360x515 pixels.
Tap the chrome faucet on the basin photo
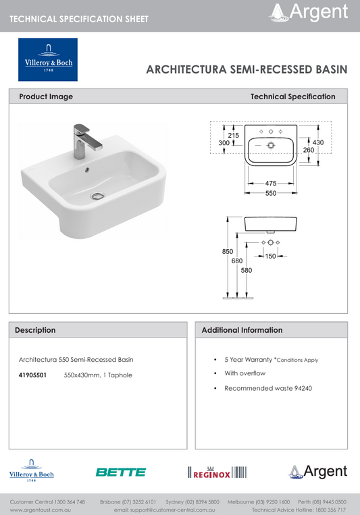coord(86,138)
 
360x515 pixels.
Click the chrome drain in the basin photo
coord(97,196)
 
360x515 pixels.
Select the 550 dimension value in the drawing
coord(271,194)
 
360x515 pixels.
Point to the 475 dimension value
coord(271,183)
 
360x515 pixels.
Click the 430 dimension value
coord(319,142)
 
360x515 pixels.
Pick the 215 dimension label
coord(233,136)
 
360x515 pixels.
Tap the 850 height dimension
coord(228,251)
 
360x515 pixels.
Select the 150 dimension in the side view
coord(270,256)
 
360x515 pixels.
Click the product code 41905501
coord(32,375)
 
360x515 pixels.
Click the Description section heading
coord(35,330)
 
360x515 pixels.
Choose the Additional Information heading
coord(242,330)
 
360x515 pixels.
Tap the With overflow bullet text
coord(245,373)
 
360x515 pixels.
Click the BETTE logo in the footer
coord(121,472)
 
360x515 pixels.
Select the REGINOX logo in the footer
coord(218,472)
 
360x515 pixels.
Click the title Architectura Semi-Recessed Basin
coord(247,69)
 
